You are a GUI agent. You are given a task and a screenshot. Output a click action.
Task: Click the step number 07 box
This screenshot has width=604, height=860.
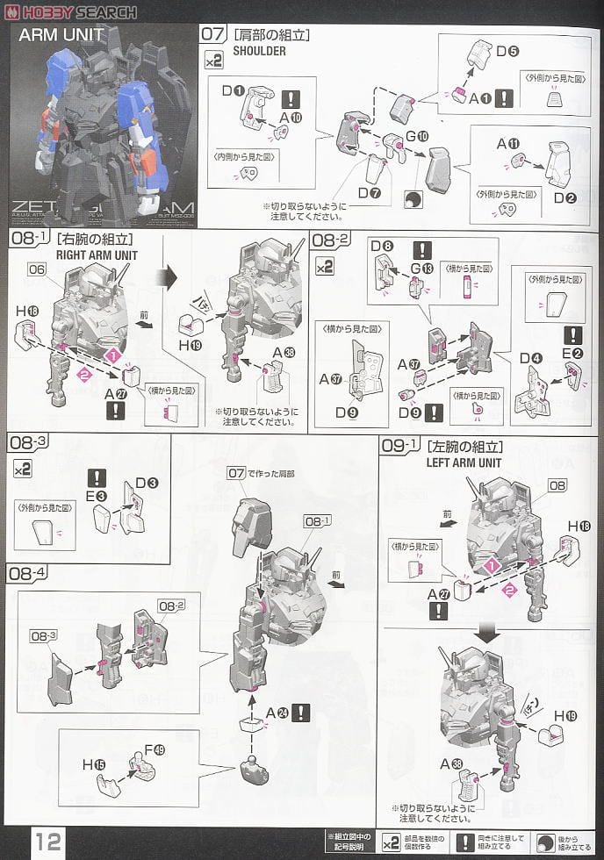click(x=213, y=35)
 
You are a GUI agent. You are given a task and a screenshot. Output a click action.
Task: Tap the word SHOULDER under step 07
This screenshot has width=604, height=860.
click(x=260, y=51)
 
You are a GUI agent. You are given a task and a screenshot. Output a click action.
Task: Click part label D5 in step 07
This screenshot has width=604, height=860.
click(x=507, y=51)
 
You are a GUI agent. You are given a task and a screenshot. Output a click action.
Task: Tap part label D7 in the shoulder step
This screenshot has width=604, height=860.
click(x=369, y=192)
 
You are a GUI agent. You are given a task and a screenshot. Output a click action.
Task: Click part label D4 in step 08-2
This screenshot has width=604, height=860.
click(x=529, y=358)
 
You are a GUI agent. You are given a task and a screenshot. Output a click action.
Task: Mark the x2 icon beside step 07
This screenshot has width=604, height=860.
click(x=213, y=61)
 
